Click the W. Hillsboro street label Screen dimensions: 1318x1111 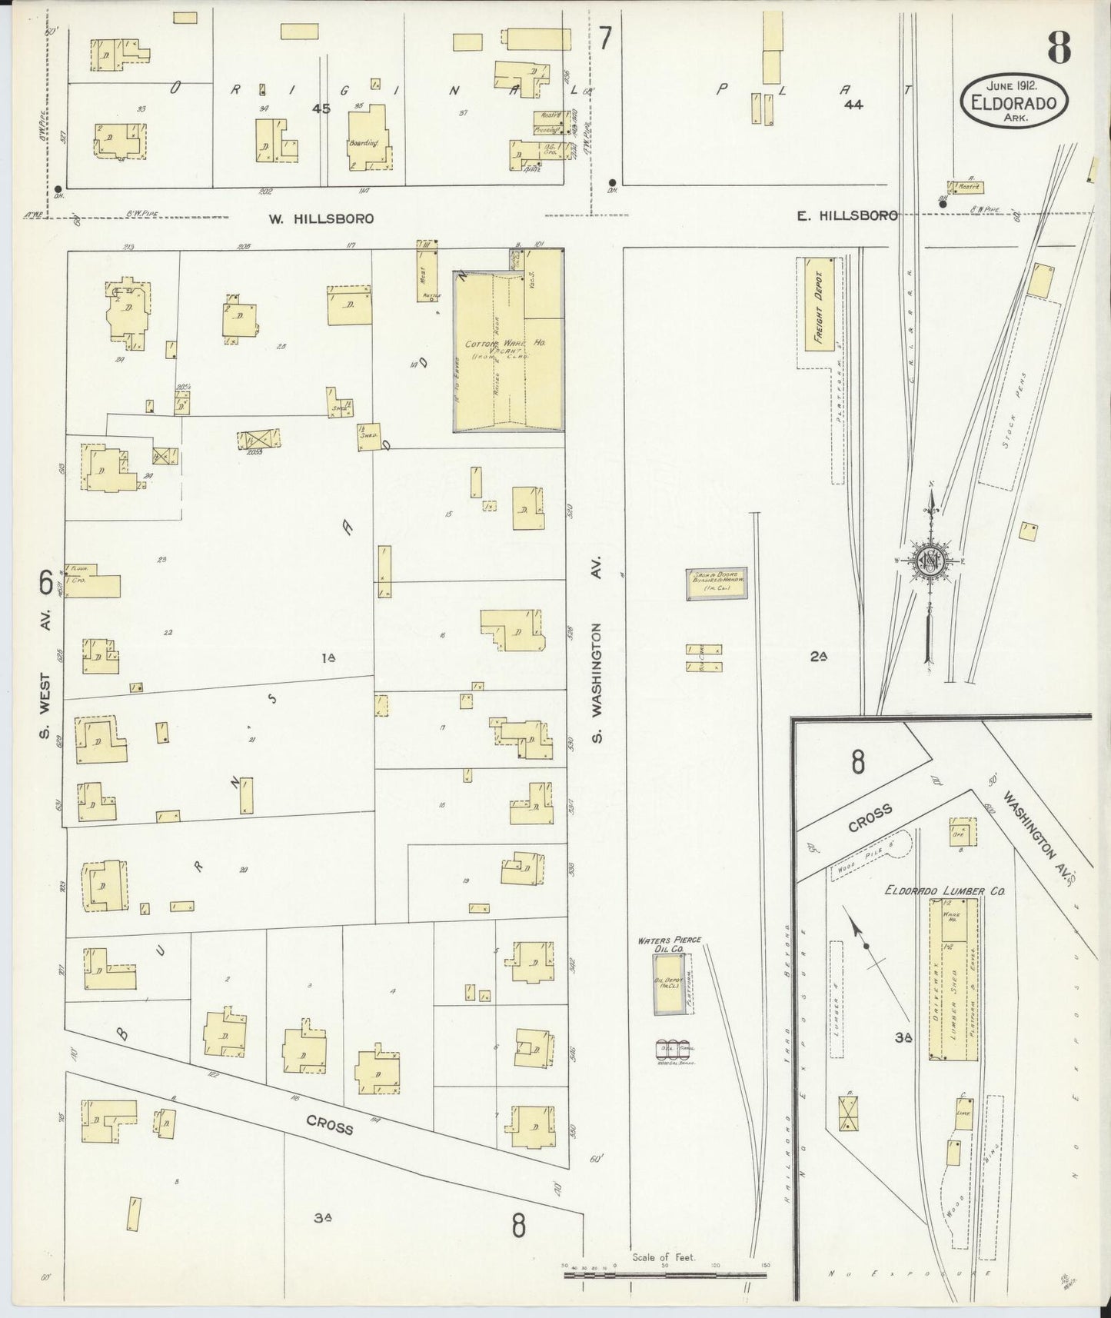[321, 218]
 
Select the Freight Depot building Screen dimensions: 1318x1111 [819, 305]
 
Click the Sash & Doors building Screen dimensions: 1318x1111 [716, 584]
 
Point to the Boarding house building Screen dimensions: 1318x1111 [368, 140]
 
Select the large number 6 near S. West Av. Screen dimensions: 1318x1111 [46, 584]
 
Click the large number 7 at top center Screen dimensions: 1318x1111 [606, 38]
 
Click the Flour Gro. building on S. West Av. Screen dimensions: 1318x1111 [92, 581]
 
